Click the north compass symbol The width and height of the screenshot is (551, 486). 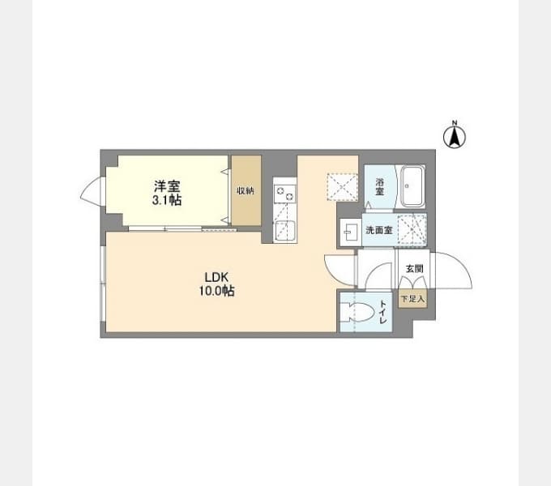click(x=455, y=134)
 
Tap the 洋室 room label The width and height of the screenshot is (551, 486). click(x=167, y=185)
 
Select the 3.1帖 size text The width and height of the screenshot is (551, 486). click(x=167, y=200)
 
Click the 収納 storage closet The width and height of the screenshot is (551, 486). click(x=246, y=190)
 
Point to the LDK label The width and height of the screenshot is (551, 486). click(x=216, y=277)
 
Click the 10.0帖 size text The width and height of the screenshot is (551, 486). click(x=216, y=291)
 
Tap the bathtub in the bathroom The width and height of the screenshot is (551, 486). click(x=412, y=186)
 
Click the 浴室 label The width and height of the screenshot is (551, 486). click(x=379, y=187)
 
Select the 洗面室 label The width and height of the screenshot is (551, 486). click(x=379, y=230)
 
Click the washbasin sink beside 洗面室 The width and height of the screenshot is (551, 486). click(x=351, y=232)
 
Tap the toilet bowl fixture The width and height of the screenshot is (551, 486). click(x=357, y=312)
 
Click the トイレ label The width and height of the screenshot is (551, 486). click(x=383, y=312)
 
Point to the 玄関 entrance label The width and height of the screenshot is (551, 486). click(x=414, y=269)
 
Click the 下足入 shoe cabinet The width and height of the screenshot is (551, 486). click(x=413, y=299)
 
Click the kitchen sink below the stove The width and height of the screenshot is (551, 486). click(x=285, y=230)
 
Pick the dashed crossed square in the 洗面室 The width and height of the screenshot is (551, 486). click(x=412, y=230)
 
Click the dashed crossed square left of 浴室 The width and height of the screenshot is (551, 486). click(x=342, y=186)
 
